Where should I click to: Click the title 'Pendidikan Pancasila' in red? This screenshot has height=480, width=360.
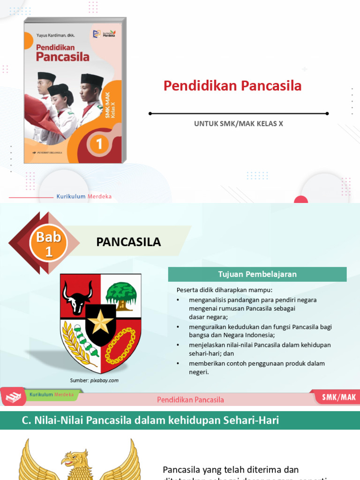232,86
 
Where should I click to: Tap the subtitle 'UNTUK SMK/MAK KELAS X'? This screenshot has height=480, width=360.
239,124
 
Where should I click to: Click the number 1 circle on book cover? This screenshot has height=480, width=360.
99,144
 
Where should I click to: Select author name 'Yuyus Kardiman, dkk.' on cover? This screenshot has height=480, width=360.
55,35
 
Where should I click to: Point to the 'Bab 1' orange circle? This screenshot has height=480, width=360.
49,243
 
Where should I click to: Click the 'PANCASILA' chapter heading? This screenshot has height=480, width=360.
128,242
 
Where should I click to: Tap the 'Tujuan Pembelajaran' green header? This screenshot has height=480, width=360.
257,274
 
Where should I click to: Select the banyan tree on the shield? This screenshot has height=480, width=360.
121,294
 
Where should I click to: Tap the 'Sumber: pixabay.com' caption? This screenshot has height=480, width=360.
94,381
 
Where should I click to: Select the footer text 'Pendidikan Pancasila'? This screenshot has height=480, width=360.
190,400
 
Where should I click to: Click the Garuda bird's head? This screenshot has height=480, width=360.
77,458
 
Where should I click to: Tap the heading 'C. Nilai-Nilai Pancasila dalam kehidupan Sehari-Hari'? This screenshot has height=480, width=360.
150,420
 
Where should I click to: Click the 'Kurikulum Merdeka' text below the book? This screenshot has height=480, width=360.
84,196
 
